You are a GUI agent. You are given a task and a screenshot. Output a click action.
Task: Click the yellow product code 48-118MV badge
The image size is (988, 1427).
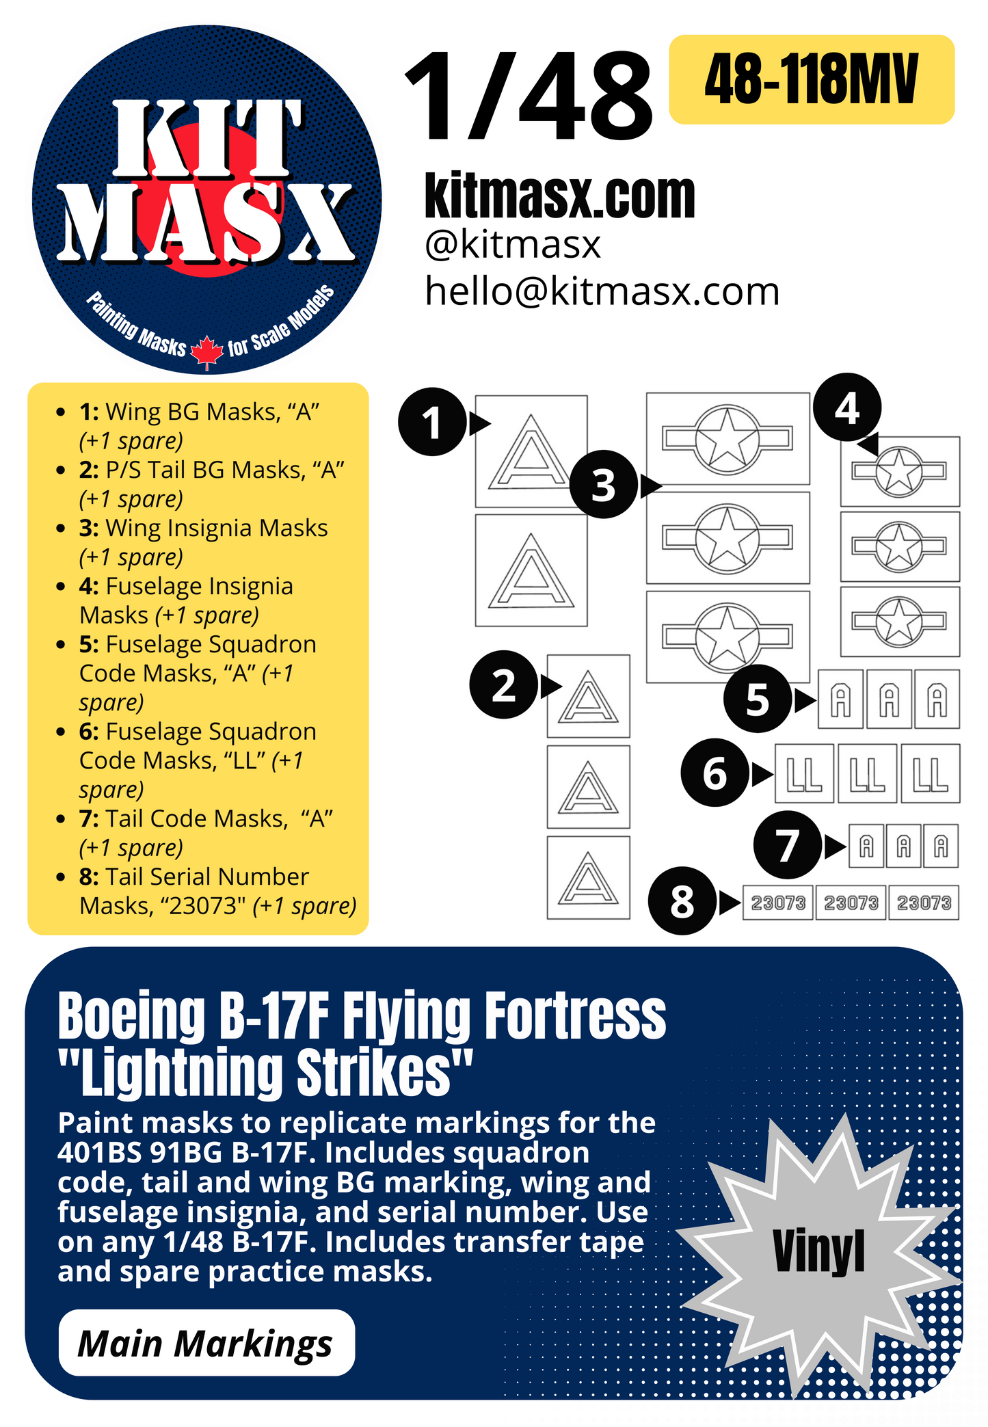tap(811, 79)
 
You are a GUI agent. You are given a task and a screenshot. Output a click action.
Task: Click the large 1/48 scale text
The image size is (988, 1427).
tap(528, 97)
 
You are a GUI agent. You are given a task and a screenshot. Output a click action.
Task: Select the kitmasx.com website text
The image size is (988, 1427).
tap(559, 196)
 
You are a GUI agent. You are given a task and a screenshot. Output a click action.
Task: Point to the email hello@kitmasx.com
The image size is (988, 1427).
tap(602, 291)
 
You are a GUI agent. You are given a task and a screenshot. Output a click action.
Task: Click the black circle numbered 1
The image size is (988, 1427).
tap(432, 422)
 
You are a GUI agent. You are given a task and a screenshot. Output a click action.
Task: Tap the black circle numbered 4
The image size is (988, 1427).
tap(846, 408)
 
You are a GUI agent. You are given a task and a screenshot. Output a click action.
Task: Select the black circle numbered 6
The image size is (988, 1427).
tap(715, 773)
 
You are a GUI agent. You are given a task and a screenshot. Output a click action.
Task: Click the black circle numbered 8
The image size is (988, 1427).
tap(682, 901)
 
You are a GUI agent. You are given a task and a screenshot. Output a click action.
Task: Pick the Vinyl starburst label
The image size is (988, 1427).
tap(818, 1251)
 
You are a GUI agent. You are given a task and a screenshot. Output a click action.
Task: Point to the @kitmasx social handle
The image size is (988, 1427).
tap(513, 244)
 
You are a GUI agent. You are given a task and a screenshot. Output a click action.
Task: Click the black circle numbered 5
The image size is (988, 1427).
tap(758, 698)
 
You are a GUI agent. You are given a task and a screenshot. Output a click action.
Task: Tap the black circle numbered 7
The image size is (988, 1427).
tap(787, 845)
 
